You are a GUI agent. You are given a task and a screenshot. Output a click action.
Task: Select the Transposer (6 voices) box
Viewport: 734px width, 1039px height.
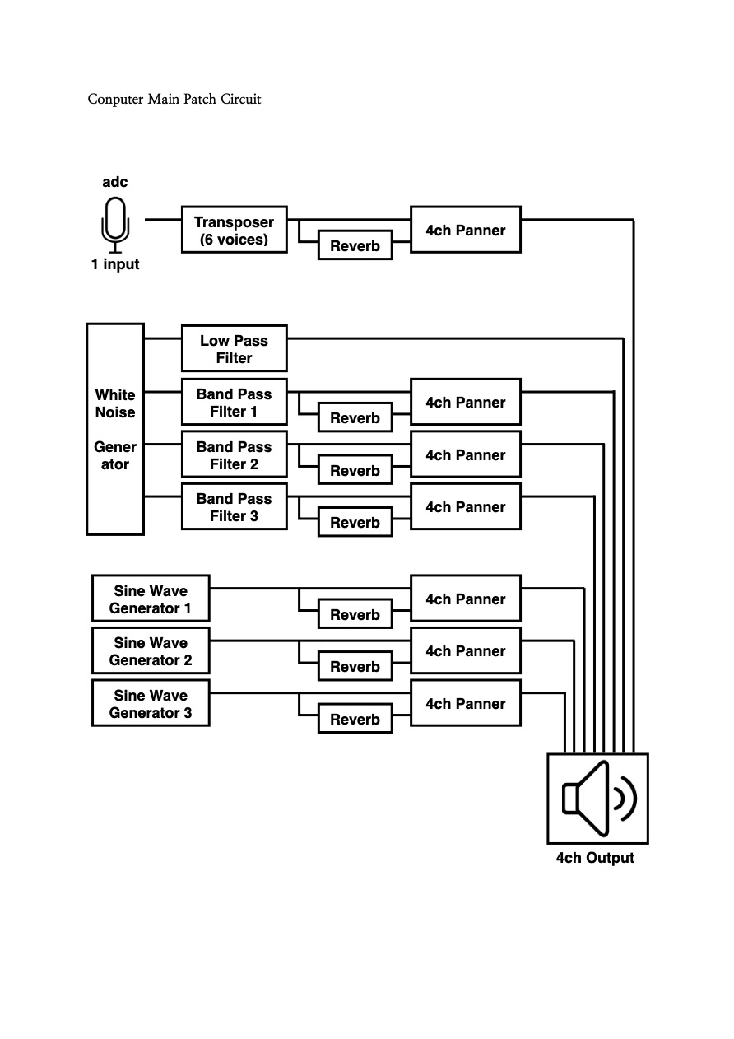pyautogui.click(x=234, y=230)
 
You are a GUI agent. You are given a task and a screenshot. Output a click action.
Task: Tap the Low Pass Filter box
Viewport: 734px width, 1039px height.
pyautogui.click(x=234, y=348)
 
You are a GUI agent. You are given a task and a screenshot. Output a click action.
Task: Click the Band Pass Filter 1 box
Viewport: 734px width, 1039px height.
pyautogui.click(x=234, y=402)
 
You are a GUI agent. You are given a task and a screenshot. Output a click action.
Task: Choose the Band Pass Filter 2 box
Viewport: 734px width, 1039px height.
pyautogui.click(x=234, y=454)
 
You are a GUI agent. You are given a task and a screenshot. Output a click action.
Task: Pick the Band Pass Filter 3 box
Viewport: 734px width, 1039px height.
pyautogui.click(x=234, y=506)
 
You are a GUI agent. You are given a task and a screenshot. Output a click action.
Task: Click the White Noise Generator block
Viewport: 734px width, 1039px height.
pyautogui.click(x=115, y=429)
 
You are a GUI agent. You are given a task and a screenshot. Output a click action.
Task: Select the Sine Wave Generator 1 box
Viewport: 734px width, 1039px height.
pyautogui.click(x=151, y=599)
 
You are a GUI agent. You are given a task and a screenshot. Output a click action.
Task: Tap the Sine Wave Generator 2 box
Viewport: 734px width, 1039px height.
pyautogui.click(x=151, y=650)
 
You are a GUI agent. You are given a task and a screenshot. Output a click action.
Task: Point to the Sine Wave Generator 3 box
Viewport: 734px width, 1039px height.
pyautogui.click(x=151, y=703)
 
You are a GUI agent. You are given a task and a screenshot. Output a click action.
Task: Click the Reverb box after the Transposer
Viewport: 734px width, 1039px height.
pyautogui.click(x=355, y=245)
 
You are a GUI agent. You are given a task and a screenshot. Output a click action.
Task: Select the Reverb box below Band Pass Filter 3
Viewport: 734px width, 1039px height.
pyautogui.click(x=355, y=522)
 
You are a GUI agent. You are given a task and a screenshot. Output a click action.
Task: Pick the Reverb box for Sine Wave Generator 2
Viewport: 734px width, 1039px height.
pyautogui.click(x=355, y=666)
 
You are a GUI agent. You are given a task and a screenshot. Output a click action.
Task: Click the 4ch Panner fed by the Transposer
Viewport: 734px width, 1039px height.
pyautogui.click(x=465, y=230)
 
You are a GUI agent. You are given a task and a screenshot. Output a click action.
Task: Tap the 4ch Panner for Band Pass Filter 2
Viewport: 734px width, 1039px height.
pyautogui.click(x=465, y=454)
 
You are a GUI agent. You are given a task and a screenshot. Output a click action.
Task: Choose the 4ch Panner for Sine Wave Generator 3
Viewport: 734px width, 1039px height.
pyautogui.click(x=465, y=703)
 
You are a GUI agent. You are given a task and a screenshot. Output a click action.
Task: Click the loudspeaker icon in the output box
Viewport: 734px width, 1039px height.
pyautogui.click(x=598, y=799)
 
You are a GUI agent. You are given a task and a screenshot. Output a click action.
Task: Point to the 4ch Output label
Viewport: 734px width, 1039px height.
pyautogui.click(x=595, y=858)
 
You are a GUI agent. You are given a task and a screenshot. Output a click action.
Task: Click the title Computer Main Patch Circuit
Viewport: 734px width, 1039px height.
pyautogui.click(x=174, y=99)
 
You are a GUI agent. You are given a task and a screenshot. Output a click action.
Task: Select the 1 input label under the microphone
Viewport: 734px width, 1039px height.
pyautogui.click(x=115, y=264)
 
